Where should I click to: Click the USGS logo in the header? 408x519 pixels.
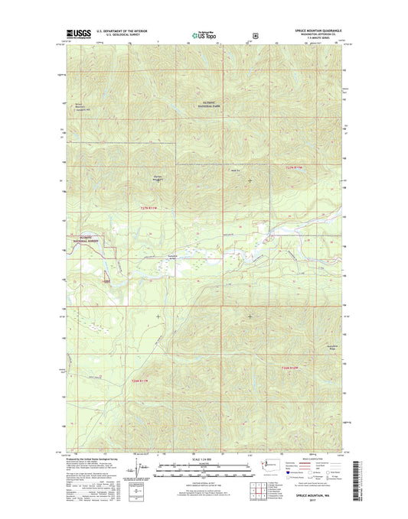(79, 32)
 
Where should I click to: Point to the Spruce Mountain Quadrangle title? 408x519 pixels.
(315, 29)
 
